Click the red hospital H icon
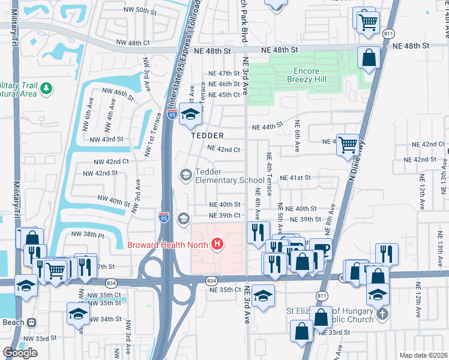click(218, 244)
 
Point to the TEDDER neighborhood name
click(207, 136)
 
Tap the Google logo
click(20, 352)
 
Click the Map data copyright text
click(424, 355)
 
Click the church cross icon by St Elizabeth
click(382, 314)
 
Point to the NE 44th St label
click(267, 127)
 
